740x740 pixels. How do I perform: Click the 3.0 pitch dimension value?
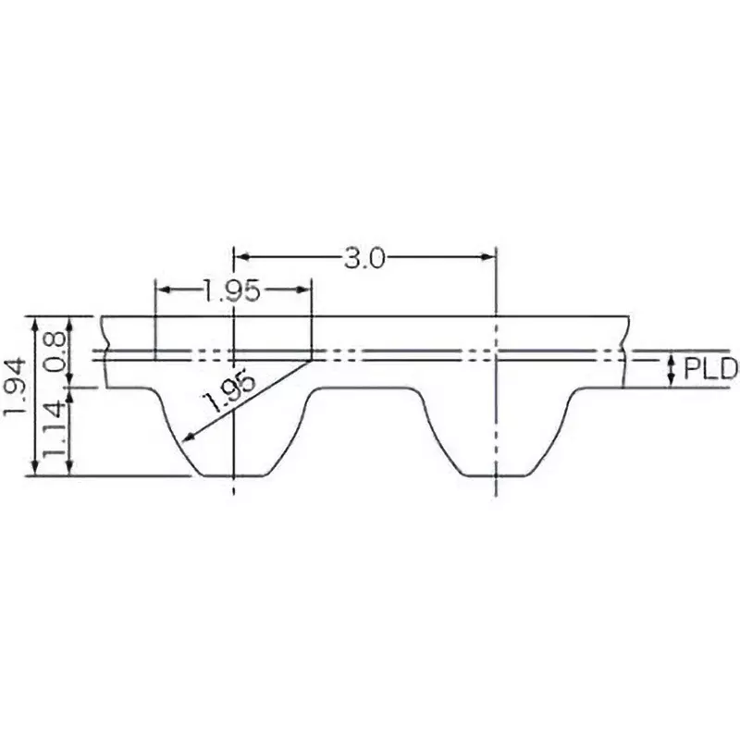[364, 258]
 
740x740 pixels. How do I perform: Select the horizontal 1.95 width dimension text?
[230, 291]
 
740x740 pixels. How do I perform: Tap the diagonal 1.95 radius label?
[228, 393]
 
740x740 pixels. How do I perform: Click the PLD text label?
[710, 370]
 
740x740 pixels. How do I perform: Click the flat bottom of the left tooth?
[232, 476]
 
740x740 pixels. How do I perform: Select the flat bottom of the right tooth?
[497, 476]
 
